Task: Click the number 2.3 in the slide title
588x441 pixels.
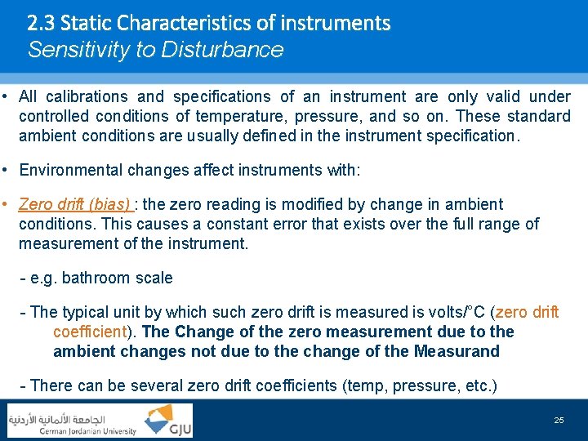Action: pos(41,22)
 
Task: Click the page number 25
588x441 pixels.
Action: pos(559,420)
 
